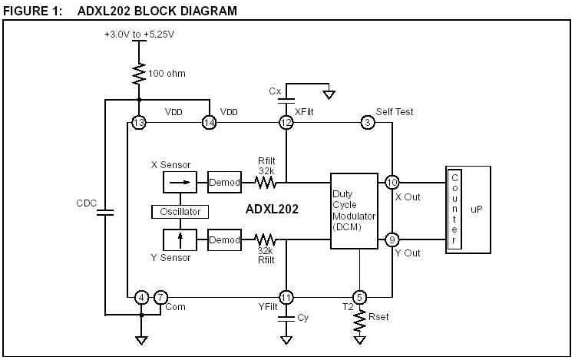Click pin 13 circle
click(139, 123)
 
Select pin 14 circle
click(209, 123)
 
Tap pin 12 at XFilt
click(286, 123)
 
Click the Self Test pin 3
click(368, 123)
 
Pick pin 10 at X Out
click(392, 183)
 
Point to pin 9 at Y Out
click(392, 239)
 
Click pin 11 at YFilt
click(286, 297)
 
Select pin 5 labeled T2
click(359, 297)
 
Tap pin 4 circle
click(140, 297)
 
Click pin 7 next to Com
click(160, 297)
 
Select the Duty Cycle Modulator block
click(354, 210)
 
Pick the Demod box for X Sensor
click(225, 183)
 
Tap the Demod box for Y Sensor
click(225, 239)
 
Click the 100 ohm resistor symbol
click(139, 74)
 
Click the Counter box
click(454, 210)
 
